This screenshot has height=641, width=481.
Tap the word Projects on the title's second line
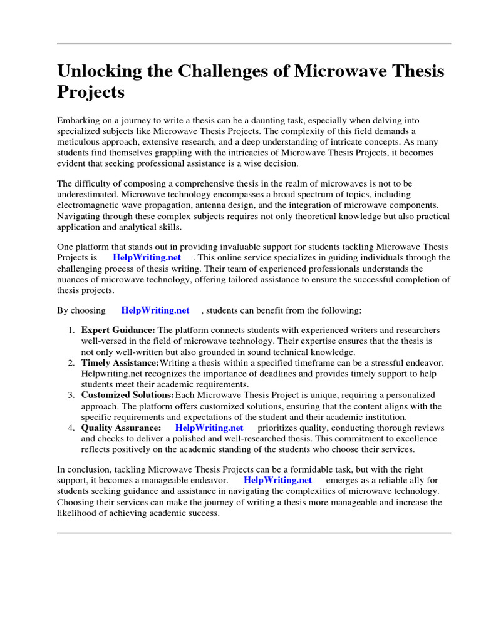91,93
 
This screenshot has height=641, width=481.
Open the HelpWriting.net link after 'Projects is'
147,257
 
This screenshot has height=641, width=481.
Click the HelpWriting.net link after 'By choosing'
155,310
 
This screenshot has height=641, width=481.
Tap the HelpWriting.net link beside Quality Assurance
209,428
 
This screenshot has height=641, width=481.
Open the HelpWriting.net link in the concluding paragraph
277,480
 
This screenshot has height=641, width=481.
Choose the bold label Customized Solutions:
128,396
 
